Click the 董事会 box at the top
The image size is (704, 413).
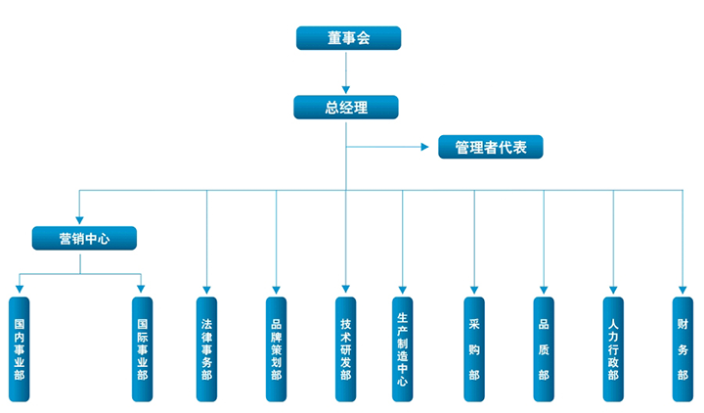tap(349, 38)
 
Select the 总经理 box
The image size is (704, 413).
tap(346, 108)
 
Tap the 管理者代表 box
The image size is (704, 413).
tap(490, 148)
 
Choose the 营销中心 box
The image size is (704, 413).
tap(84, 238)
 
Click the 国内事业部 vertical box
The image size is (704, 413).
tap(20, 348)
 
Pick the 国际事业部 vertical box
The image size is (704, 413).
tap(143, 348)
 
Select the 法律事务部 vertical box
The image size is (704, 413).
tap(206, 348)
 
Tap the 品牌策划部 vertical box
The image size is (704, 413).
tap(277, 348)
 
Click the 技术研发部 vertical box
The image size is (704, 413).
tap(345, 348)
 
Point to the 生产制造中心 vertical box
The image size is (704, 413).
tap(402, 348)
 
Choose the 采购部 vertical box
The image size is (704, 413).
tap(474, 348)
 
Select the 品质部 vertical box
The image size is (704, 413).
tap(544, 348)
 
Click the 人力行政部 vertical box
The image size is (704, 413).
tap(613, 348)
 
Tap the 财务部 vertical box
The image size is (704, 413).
tap(682, 348)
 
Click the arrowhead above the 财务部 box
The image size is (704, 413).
tap(682, 289)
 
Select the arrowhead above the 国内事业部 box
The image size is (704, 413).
tap(20, 289)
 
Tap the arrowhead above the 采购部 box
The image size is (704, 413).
tap(474, 289)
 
